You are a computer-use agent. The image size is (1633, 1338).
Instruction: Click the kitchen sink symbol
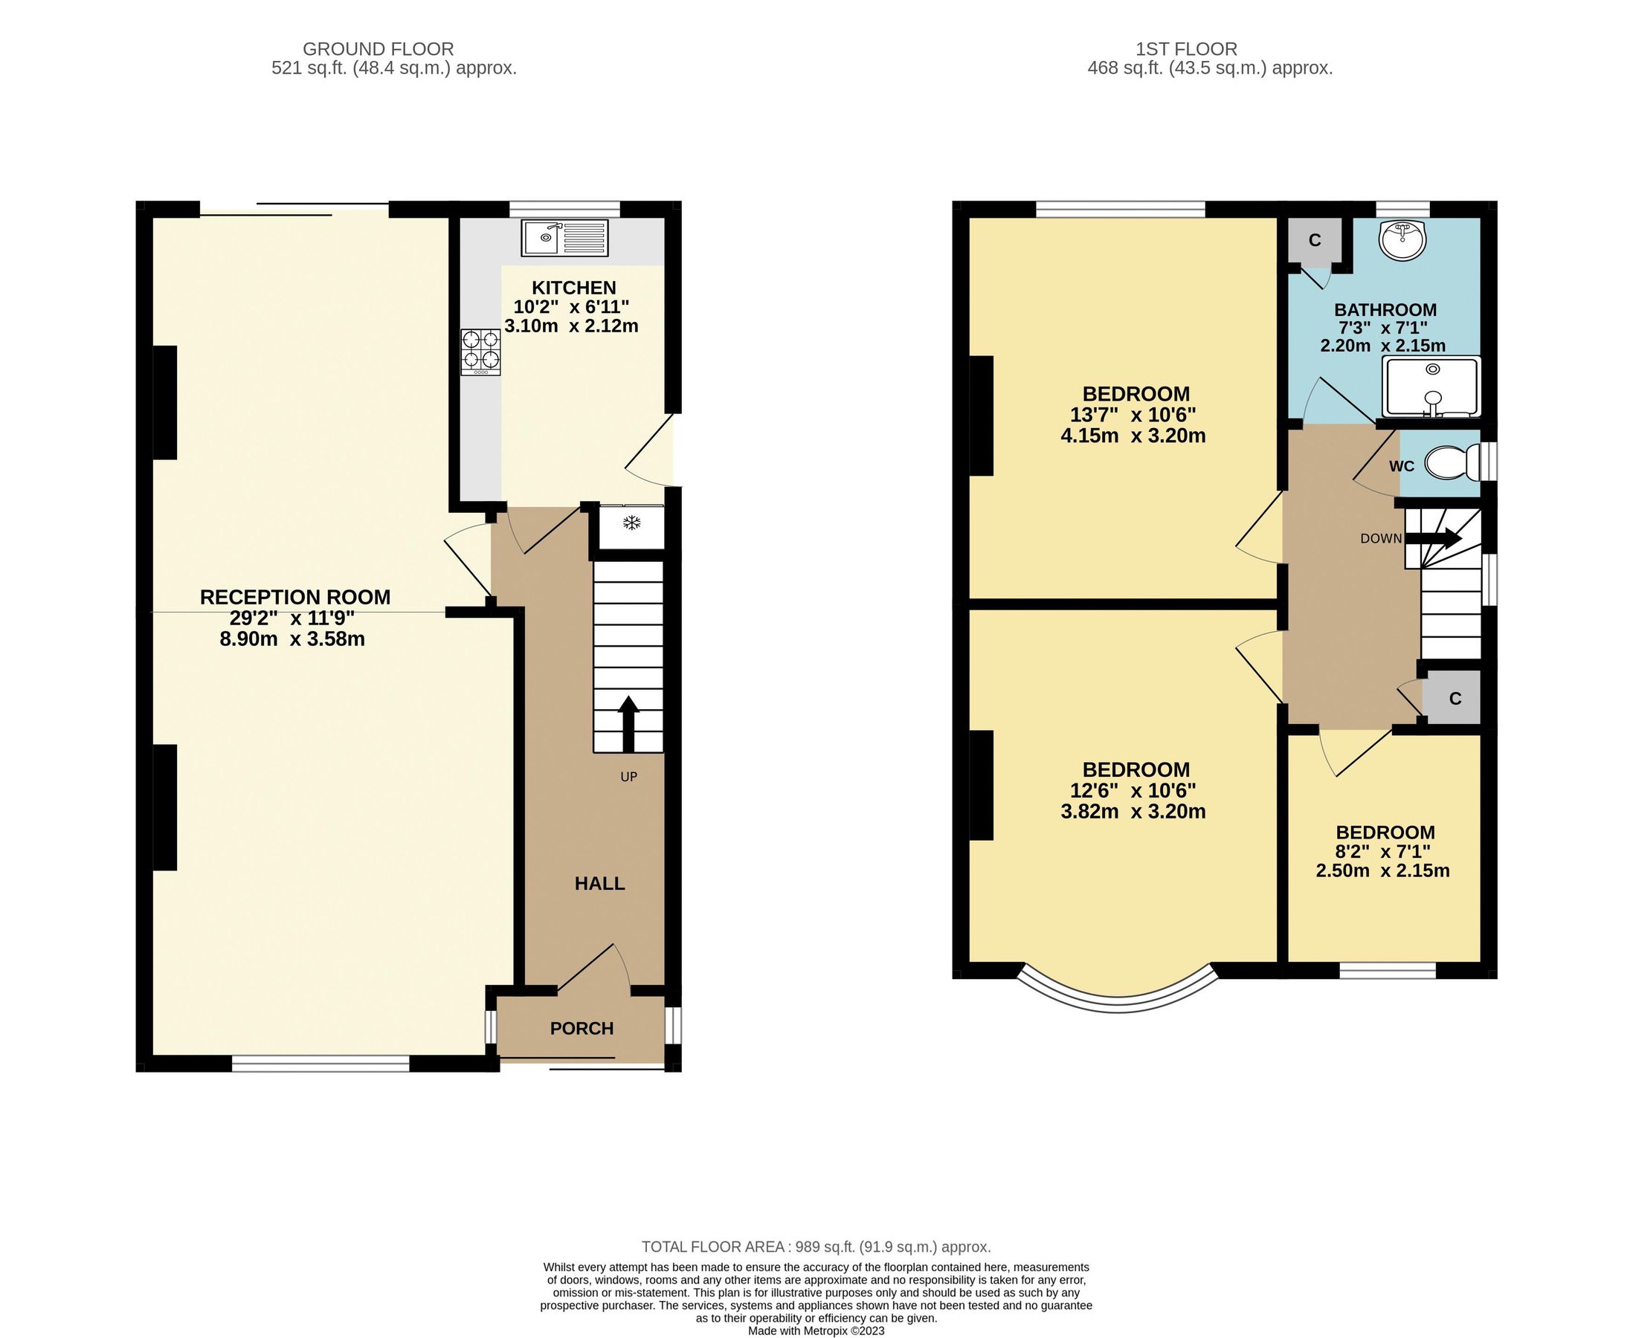(564, 237)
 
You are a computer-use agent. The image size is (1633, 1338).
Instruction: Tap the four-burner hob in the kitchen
(480, 352)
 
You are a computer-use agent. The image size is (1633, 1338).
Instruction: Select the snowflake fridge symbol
(631, 523)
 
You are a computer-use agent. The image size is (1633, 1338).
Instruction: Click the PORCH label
(582, 1028)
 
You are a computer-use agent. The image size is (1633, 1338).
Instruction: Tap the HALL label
(599, 883)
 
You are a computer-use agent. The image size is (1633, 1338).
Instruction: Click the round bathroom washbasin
(1402, 239)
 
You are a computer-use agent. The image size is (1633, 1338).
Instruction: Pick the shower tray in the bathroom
(1431, 387)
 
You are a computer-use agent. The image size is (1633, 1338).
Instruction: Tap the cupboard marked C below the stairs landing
(1455, 698)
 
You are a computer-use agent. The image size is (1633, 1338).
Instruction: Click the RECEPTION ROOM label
(294, 598)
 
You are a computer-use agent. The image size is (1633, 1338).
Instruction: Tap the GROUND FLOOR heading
(378, 49)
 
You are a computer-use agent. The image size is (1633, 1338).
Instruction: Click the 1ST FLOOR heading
(1186, 49)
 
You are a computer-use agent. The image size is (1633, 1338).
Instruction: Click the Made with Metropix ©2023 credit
(816, 1331)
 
